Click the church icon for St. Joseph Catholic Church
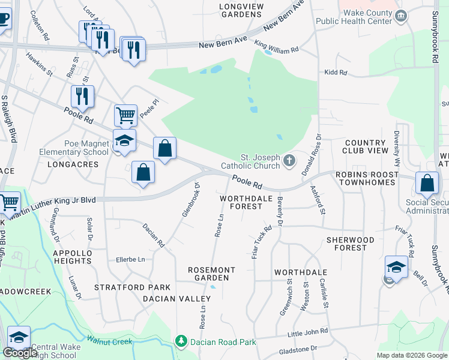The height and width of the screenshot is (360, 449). tap(289, 160)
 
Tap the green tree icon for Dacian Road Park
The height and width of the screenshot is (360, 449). tap(181, 342)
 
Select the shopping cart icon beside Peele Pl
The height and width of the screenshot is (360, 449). tap(125, 114)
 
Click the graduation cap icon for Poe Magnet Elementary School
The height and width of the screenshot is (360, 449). tap(124, 140)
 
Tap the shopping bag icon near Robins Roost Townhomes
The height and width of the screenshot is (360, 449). tap(426, 183)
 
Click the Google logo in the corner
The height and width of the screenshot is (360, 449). tap(20, 353)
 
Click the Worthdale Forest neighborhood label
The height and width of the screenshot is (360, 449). tap(241, 202)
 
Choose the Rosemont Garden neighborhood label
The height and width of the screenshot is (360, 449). tap(208, 274)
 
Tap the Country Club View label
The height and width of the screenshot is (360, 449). tap(365, 147)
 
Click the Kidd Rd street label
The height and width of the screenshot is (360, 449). tap(336, 73)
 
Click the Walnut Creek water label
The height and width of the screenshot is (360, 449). tap(109, 341)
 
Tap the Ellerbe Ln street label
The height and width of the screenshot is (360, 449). tap(130, 260)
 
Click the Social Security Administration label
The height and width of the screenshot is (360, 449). tap(427, 206)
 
